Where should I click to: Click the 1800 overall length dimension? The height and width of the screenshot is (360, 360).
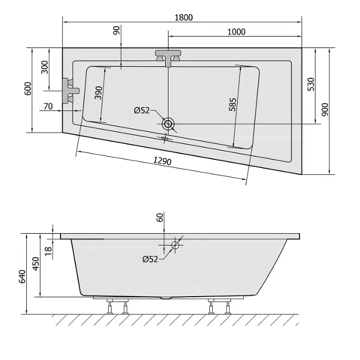click(x=183, y=18)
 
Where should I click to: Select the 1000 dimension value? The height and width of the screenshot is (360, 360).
click(x=236, y=32)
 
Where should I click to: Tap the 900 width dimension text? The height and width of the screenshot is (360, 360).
click(x=325, y=110)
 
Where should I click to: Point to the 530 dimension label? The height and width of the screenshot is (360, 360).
click(x=311, y=84)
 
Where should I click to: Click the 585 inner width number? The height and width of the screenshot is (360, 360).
click(x=233, y=105)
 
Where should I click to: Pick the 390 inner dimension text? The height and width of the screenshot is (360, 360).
click(x=98, y=93)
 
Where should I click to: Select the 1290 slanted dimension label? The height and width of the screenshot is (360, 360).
click(x=162, y=161)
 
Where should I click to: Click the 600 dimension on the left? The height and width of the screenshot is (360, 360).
click(x=28, y=89)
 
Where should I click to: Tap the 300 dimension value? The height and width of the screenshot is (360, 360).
click(x=45, y=67)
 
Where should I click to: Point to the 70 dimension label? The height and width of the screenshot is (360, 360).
click(x=48, y=106)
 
